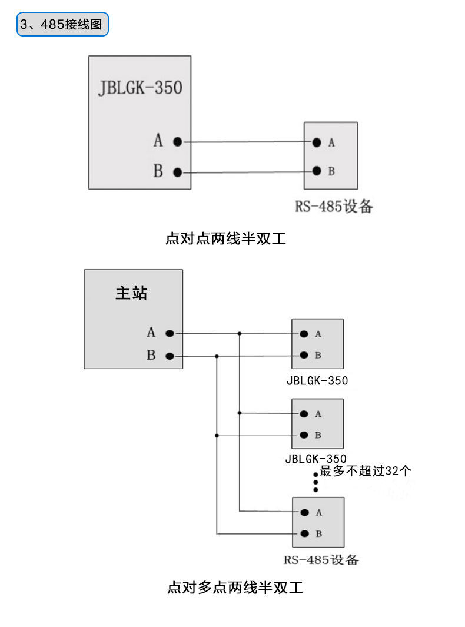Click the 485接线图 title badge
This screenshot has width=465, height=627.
pyautogui.click(x=62, y=24)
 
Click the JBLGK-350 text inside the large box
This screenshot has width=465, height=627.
pyautogui.click(x=140, y=88)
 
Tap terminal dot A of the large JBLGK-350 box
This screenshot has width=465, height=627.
pyautogui.click(x=178, y=141)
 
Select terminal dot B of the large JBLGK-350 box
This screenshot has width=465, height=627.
pyautogui.click(x=178, y=172)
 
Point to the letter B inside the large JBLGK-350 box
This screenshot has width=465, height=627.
pyautogui.click(x=158, y=171)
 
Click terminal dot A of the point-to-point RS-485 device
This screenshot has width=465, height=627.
pyautogui.click(x=317, y=142)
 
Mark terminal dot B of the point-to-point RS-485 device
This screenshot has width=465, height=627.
pyautogui.click(x=317, y=171)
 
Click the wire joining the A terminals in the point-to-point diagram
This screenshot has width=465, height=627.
pyautogui.click(x=247, y=141)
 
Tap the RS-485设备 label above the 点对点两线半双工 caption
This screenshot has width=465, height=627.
pyautogui.click(x=334, y=206)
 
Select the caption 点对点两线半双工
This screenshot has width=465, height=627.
pyautogui.click(x=226, y=238)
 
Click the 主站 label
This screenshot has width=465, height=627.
pyautogui.click(x=131, y=293)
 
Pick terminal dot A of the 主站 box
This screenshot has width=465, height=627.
pyautogui.click(x=170, y=333)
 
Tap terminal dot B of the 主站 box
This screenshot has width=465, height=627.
pyautogui.click(x=170, y=356)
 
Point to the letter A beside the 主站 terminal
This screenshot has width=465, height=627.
pyautogui.click(x=151, y=332)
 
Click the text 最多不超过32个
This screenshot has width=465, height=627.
pyautogui.click(x=366, y=471)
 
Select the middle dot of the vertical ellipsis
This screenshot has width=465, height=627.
pyautogui.click(x=316, y=482)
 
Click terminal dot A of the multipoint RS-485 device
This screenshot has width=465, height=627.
pyautogui.click(x=305, y=512)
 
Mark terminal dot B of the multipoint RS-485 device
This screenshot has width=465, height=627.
pyautogui.click(x=305, y=533)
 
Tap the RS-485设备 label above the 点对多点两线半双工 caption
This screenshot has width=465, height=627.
pyautogui.click(x=321, y=560)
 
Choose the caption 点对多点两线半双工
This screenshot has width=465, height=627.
pyautogui.click(x=235, y=588)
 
